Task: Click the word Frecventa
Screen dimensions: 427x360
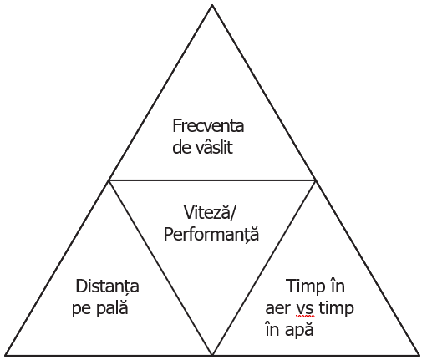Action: click(208, 125)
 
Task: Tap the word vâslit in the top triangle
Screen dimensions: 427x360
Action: click(214, 146)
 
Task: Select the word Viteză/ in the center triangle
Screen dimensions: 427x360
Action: click(210, 212)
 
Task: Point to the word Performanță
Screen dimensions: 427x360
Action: click(211, 234)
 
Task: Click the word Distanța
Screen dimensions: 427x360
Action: click(107, 286)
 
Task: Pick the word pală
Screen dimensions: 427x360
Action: click(112, 307)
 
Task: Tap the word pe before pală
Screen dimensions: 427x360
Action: click(81, 309)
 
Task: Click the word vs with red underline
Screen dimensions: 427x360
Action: click(305, 309)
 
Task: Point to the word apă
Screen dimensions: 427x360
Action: click(300, 330)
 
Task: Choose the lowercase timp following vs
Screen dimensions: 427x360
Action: click(336, 307)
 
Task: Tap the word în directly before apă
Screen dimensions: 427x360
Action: click(272, 328)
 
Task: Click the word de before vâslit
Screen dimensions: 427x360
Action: click(181, 146)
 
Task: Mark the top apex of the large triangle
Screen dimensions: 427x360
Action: click(212, 5)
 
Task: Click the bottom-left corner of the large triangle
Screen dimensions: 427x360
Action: click(6, 355)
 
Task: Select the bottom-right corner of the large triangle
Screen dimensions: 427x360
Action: click(419, 355)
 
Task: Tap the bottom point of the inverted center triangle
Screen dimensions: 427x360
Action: click(212, 355)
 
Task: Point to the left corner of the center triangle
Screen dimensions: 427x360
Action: click(109, 180)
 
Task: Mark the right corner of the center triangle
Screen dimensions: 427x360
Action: click(315, 180)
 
